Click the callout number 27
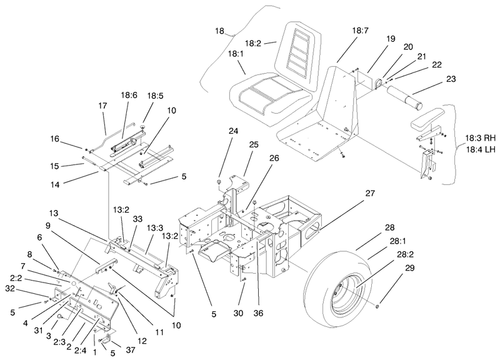(x=370, y=193)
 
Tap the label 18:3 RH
(x=480, y=138)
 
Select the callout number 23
(x=451, y=79)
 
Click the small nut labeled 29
(x=377, y=307)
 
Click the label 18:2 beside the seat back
(x=253, y=43)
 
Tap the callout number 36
(x=258, y=314)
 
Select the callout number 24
(x=233, y=131)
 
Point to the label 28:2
(x=405, y=254)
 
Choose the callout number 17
(x=102, y=106)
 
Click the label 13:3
(x=155, y=228)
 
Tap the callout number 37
(x=131, y=350)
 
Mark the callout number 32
(x=10, y=288)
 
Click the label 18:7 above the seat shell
(x=361, y=31)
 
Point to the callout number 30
(x=238, y=314)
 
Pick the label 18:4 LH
(x=479, y=149)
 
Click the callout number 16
(x=55, y=139)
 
